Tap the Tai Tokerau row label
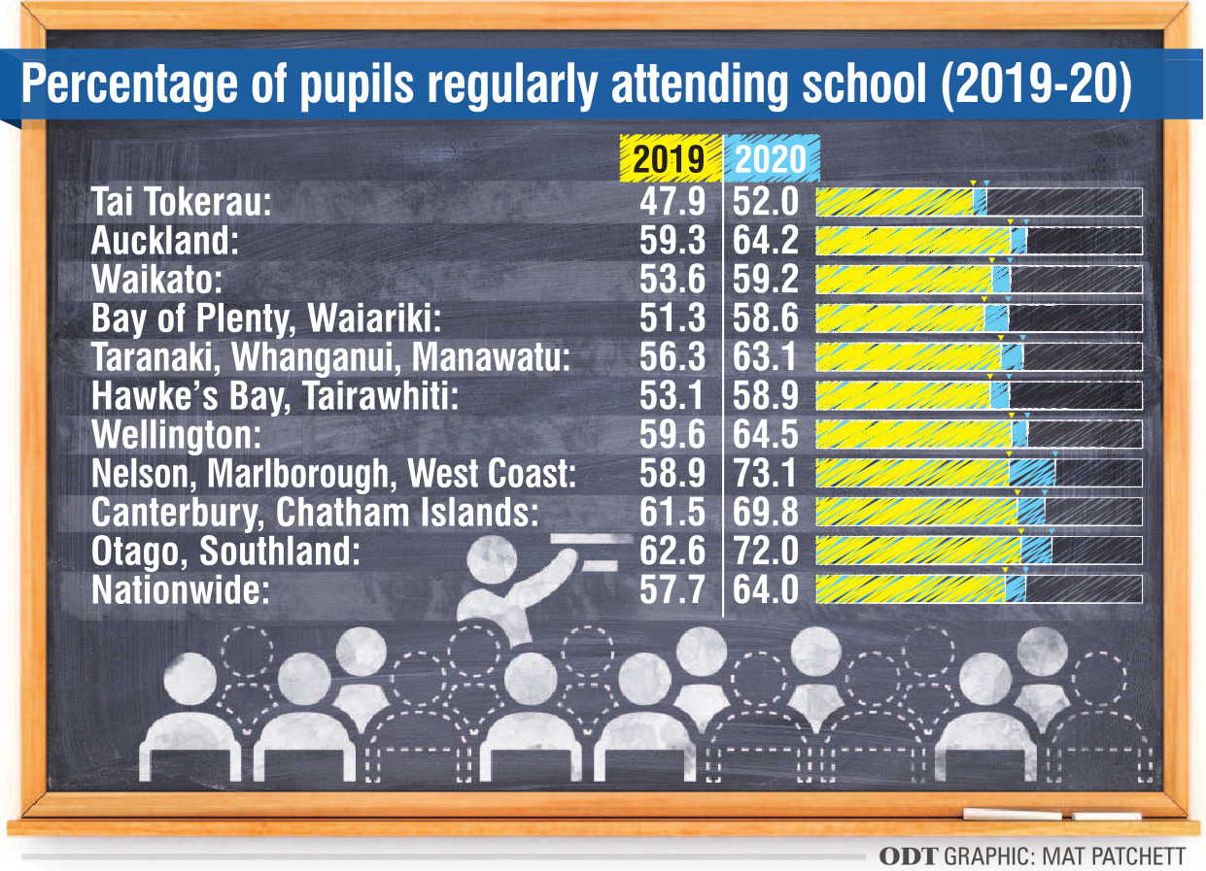(181, 202)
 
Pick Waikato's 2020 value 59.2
(765, 280)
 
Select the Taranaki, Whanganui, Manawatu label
(329, 357)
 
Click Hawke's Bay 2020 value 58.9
(765, 396)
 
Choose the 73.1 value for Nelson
(765, 474)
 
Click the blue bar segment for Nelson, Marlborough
(1032, 474)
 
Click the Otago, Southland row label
(225, 552)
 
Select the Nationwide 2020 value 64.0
(765, 589)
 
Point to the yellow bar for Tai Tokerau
(894, 202)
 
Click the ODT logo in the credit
(909, 855)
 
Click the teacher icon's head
(492, 562)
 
